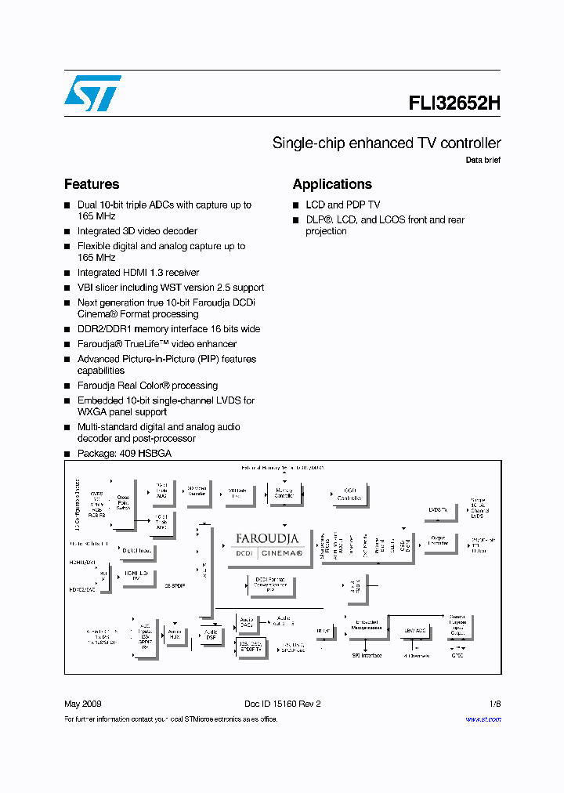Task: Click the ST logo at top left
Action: coord(92,93)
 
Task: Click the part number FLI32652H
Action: coord(454,103)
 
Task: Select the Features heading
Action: coord(92,184)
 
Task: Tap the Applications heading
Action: coord(332,184)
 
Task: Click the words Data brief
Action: coord(483,160)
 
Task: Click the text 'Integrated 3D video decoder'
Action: coord(137,231)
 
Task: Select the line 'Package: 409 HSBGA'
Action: coord(124,454)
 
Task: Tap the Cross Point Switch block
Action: coord(123,502)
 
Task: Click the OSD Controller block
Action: coord(349,494)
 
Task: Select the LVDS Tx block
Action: coord(439,510)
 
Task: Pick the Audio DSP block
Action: coord(211,634)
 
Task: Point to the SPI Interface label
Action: coord(366,655)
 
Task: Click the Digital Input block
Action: coord(136,550)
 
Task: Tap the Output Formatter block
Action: coord(439,541)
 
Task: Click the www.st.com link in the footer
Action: coord(483,719)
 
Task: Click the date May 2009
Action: coord(82,704)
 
